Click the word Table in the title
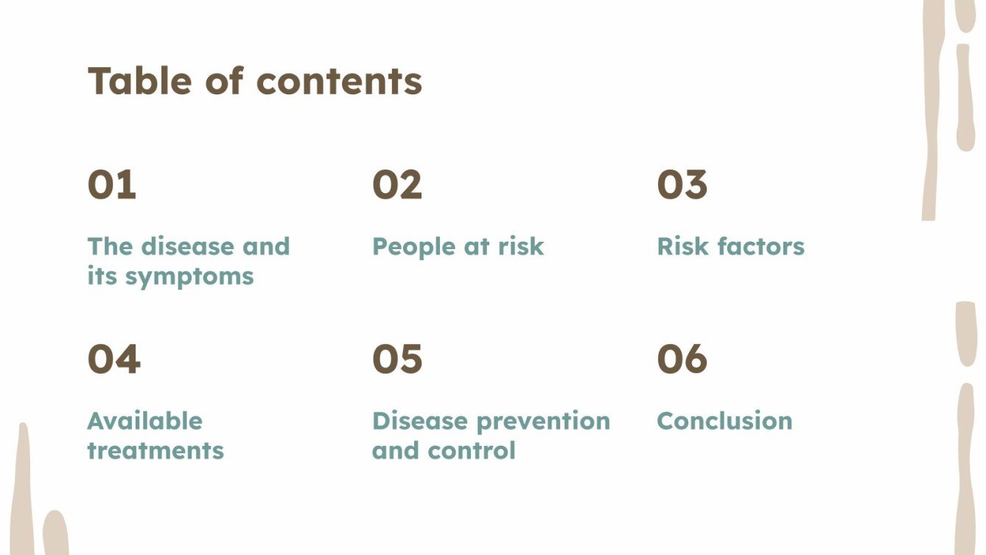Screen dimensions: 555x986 [140, 80]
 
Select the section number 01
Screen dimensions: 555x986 [112, 185]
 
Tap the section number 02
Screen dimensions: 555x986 [397, 185]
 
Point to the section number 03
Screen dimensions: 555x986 [682, 185]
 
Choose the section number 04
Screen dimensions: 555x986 [113, 360]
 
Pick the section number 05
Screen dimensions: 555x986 [397, 360]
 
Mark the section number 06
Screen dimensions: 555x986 [682, 360]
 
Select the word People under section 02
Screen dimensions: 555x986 [413, 247]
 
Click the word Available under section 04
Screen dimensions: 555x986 [144, 421]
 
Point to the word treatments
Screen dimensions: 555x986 [155, 450]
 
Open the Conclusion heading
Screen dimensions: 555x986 [724, 421]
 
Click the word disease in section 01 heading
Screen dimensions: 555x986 [188, 246]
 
